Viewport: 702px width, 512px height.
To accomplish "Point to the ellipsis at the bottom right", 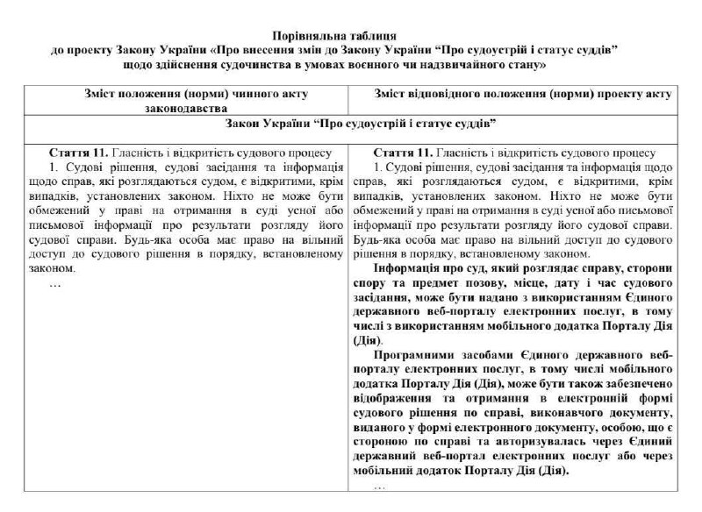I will [379, 485].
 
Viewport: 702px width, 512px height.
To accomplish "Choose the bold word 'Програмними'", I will [416, 354].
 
